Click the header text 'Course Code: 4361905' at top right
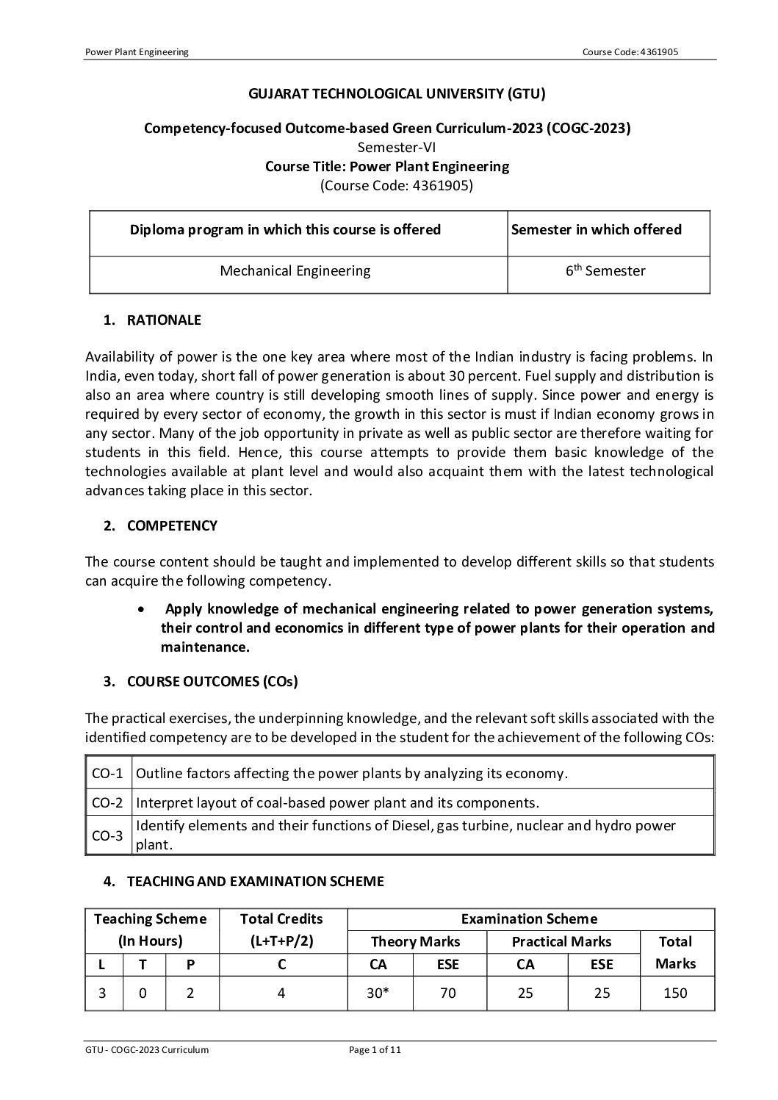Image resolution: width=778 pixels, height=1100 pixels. tap(635, 51)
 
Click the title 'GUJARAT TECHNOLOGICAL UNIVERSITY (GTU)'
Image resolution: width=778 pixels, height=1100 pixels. tap(387, 93)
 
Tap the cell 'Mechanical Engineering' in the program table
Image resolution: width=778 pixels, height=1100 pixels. tap(295, 270)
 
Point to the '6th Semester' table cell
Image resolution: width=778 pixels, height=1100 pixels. tap(605, 270)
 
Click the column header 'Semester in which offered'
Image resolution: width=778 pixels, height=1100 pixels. tap(597, 229)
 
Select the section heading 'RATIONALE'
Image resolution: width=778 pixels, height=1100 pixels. tap(164, 320)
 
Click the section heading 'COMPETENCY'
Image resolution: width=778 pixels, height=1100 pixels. tap(172, 525)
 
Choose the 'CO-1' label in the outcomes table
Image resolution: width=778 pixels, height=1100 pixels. tap(107, 773)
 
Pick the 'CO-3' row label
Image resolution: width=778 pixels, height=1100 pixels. tap(107, 836)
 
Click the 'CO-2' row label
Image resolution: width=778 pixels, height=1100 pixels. tap(107, 802)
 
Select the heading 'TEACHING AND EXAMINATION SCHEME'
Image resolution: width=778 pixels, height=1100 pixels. tap(255, 880)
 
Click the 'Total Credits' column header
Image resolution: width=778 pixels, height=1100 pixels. tap(281, 919)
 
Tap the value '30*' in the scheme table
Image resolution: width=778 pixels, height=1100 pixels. tap(378, 993)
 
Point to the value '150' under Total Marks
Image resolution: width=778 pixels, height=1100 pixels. tap(675, 993)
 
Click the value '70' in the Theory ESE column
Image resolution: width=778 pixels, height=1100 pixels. tap(447, 993)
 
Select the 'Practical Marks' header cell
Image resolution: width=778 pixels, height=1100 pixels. tap(561, 941)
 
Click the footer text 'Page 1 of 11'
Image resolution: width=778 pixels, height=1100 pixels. tap(375, 1049)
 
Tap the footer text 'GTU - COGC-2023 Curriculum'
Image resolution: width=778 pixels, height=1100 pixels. tap(147, 1049)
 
